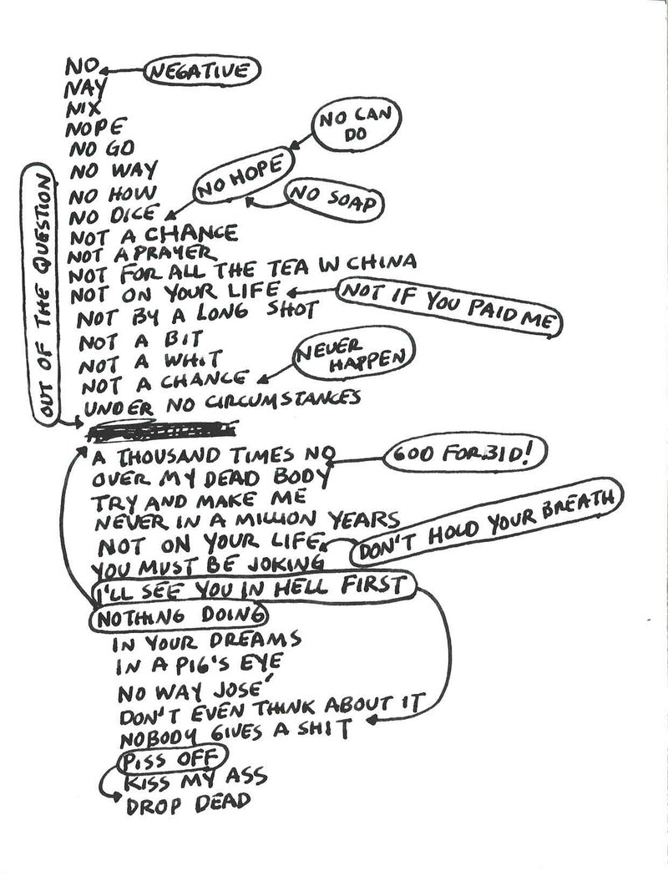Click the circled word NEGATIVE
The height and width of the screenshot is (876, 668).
[203, 71]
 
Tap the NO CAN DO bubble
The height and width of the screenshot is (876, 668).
[356, 124]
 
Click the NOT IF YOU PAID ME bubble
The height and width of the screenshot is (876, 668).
[448, 308]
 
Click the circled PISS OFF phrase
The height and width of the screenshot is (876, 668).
[172, 760]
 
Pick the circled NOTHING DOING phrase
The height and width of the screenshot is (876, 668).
[179, 617]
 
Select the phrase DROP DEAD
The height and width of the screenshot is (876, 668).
[187, 803]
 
